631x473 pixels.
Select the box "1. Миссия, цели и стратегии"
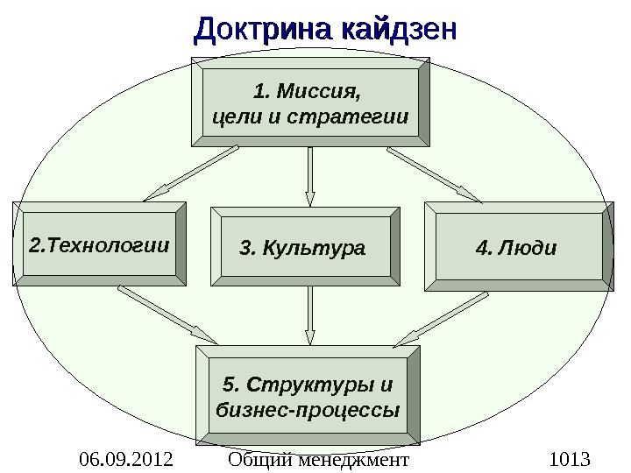click(311, 102)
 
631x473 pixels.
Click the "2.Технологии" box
click(99, 244)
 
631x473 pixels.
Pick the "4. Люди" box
click(516, 247)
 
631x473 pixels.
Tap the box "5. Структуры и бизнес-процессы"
click(308, 398)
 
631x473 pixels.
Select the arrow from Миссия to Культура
click(310, 176)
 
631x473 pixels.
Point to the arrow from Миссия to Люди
click(433, 172)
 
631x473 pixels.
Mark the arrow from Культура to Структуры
click(310, 314)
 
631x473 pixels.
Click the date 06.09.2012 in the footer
click(126, 459)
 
